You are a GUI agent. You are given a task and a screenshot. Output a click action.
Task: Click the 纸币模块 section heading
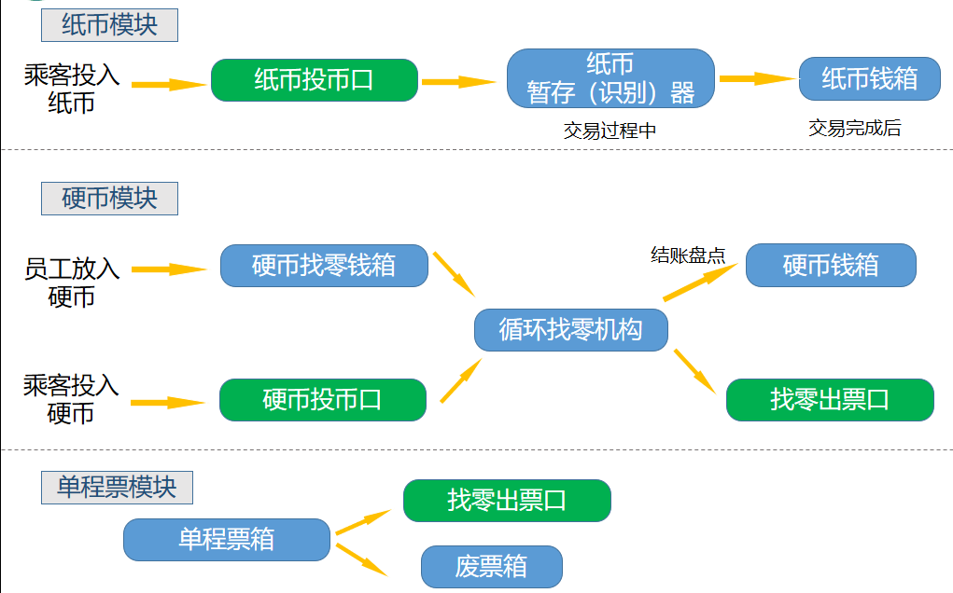[x=109, y=25]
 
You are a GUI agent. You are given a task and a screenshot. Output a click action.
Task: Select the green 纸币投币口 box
[x=314, y=80]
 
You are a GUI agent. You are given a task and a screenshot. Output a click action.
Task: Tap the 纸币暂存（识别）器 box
[x=610, y=78]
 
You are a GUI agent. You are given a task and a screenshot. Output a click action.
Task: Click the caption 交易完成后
[x=854, y=129]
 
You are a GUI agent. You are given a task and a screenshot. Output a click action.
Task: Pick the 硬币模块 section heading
[x=109, y=199]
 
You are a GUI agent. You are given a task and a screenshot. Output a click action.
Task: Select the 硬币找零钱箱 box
[x=324, y=266]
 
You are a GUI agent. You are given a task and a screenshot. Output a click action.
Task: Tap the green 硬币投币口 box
[x=323, y=400]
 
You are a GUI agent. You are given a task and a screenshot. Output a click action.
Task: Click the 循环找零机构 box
[x=571, y=330]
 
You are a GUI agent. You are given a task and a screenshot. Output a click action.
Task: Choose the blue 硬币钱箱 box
[x=831, y=266]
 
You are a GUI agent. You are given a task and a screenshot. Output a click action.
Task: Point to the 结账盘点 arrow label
[x=688, y=255]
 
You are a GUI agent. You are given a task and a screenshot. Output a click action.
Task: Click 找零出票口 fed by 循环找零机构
[x=830, y=400]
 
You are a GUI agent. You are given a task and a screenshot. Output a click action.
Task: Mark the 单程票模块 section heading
[x=117, y=488]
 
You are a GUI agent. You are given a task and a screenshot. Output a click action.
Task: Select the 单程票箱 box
[x=227, y=540]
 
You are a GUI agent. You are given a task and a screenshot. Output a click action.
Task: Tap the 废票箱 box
[x=492, y=567]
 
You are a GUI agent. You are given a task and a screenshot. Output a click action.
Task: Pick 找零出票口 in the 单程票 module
[x=507, y=501]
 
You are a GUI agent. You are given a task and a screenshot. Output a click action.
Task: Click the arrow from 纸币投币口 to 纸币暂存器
[x=458, y=82]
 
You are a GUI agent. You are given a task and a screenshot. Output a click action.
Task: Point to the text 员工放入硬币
[x=72, y=283]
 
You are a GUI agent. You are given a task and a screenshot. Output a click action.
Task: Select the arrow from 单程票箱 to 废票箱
[x=361, y=558]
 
